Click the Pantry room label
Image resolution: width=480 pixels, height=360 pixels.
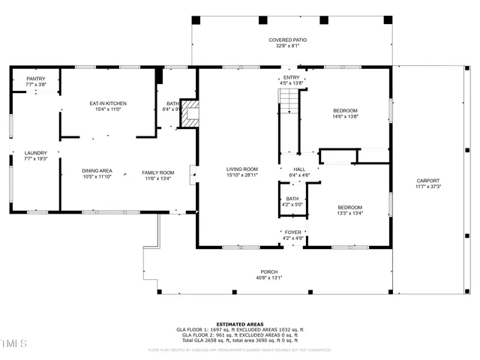tap(36, 79)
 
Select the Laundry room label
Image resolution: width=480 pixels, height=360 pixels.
tap(35, 152)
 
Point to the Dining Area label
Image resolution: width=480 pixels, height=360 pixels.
tap(97, 170)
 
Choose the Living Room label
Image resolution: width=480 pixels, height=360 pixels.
tap(242, 169)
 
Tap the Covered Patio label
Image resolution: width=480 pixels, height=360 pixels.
tap(288, 40)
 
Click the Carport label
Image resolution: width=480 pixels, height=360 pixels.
tap(428, 180)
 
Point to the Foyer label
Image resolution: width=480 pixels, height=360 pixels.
tap(292, 232)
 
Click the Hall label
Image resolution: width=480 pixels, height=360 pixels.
tap(299, 169)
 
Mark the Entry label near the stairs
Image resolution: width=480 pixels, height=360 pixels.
tap(291, 77)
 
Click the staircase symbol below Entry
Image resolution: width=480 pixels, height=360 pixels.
tap(289, 98)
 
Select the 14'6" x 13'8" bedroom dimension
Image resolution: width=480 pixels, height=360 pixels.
tap(346, 116)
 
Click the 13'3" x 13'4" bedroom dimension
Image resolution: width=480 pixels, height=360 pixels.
tap(349, 213)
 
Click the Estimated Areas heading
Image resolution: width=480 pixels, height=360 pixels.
tap(240, 324)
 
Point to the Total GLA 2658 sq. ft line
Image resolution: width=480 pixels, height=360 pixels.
tap(240, 340)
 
